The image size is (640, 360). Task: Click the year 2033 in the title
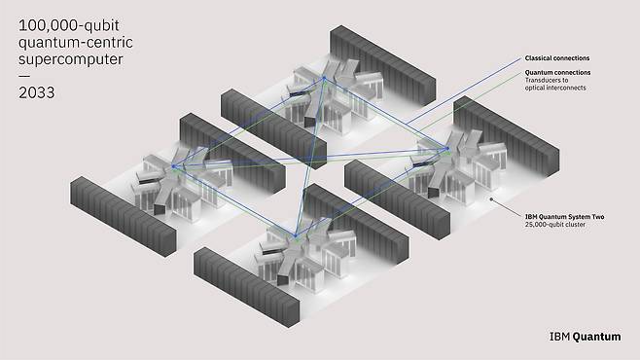[x=36, y=92]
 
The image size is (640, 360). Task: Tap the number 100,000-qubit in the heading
[x=68, y=25]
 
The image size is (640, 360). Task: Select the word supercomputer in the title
[x=71, y=59]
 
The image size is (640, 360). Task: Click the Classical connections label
[x=557, y=58]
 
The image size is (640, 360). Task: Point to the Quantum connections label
[x=557, y=72]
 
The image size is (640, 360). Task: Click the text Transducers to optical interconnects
[x=555, y=84]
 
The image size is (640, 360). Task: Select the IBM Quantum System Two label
[x=564, y=217]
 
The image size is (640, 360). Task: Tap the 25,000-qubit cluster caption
[x=555, y=225]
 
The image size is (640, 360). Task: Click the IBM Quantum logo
[x=585, y=337]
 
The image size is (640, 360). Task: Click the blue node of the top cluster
[x=324, y=78]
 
